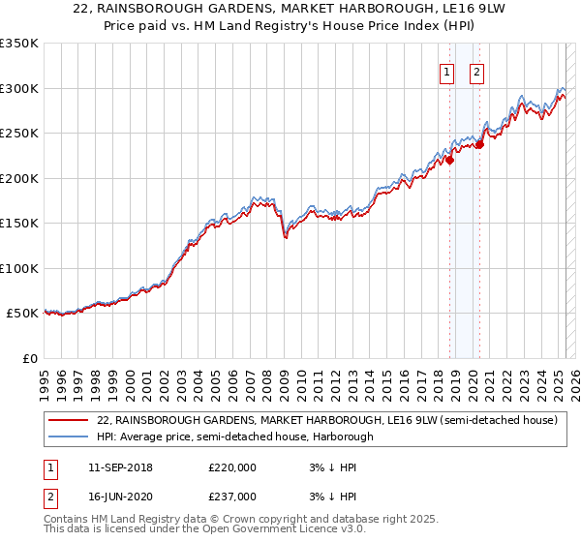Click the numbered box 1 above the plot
pos(447,71)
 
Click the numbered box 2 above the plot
pos(478,71)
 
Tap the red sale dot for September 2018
pos(449,161)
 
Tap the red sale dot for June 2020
pos(479,145)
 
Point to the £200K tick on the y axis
pos(19,178)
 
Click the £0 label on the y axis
pos(30,359)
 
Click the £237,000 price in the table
pos(232,496)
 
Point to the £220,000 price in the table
pos(232,467)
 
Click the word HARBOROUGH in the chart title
pos(385,7)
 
